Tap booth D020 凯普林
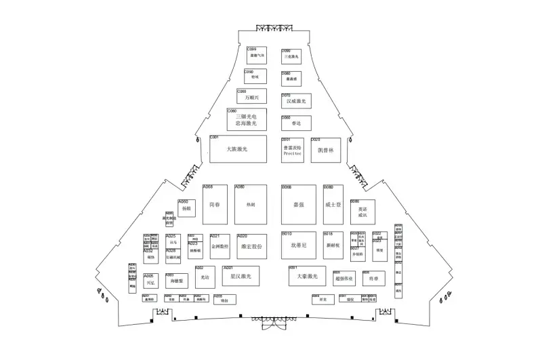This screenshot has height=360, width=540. coord(325,150)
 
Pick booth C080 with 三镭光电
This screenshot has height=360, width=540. coord(247,119)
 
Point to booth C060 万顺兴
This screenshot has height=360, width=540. coord(251,96)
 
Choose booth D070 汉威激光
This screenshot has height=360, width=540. coord(296,100)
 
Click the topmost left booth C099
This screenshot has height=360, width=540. coord(256,55)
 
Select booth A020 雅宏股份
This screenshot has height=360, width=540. coord(251,246)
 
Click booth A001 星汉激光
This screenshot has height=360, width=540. coord(241,276)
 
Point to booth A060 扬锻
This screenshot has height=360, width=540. coord(187,208)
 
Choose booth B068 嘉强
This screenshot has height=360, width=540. coord(297,203)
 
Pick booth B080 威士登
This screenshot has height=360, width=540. coord(333,203)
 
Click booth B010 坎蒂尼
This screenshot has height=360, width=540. coord(297,244)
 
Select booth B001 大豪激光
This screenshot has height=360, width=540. coord(303,275)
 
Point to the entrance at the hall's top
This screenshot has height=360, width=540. coord(274,28)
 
